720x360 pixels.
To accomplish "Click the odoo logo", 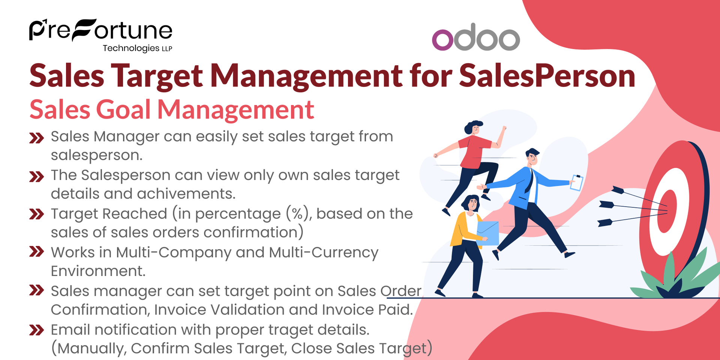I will coord(475,37).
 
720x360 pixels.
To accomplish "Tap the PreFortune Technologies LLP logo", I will coord(100,34).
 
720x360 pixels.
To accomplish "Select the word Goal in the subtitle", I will coord(123,110).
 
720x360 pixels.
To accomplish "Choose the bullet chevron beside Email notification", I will coord(36,330).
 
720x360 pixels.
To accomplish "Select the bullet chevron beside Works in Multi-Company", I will coord(36,252).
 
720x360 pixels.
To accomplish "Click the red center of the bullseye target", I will coord(667,210).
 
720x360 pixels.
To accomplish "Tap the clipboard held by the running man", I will coord(576,183).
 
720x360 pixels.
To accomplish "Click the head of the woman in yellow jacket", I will coord(471,204).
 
